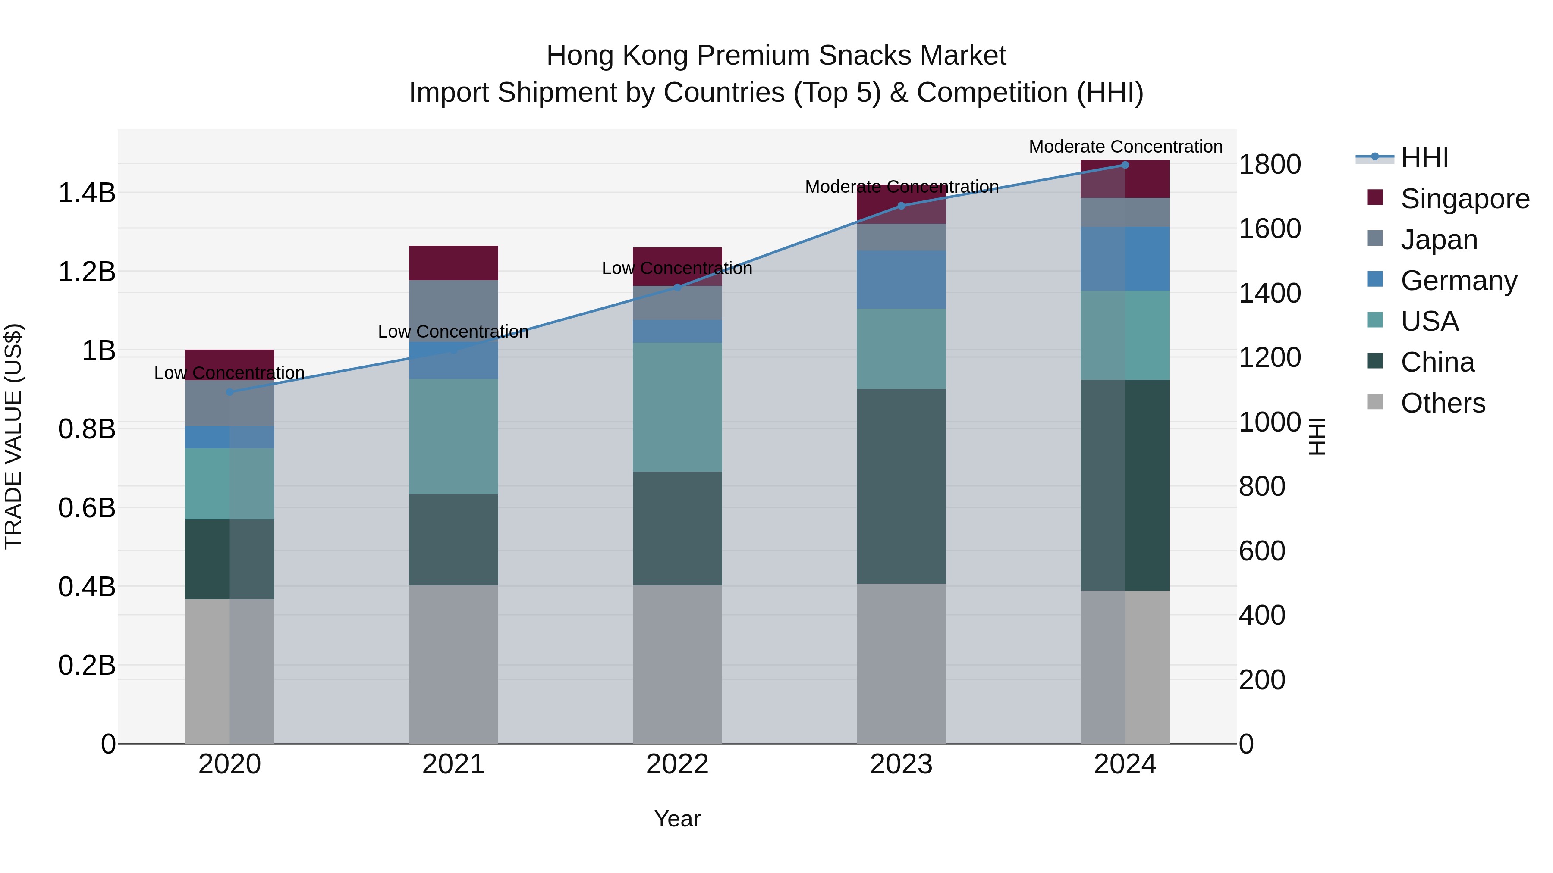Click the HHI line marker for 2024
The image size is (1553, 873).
tap(1125, 165)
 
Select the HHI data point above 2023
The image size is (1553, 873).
tap(901, 206)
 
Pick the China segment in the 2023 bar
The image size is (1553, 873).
tap(901, 485)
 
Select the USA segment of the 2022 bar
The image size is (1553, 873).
tap(677, 407)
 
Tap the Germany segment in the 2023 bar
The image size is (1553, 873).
tap(901, 279)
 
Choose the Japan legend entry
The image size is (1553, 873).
tap(1438, 240)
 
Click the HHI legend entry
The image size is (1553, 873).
tap(1424, 158)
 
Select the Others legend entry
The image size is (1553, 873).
tap(1442, 403)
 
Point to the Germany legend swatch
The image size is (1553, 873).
tap(1375, 279)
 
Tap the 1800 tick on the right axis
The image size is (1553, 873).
tap(1269, 165)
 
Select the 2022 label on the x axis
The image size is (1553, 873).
tap(677, 764)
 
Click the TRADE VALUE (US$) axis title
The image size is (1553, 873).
tap(13, 436)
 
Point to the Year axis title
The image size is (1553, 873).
tap(677, 819)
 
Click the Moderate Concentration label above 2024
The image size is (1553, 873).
tap(1125, 147)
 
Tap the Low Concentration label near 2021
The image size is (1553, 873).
tap(453, 332)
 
